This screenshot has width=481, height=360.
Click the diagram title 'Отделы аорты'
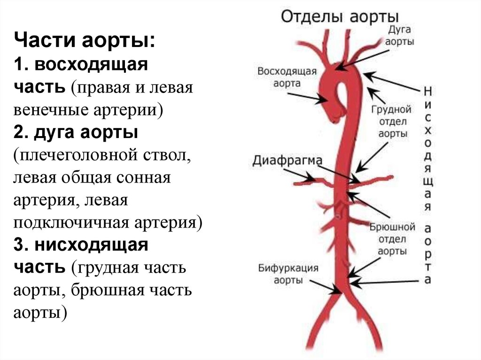(340, 17)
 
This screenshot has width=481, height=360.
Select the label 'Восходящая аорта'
(287, 77)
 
